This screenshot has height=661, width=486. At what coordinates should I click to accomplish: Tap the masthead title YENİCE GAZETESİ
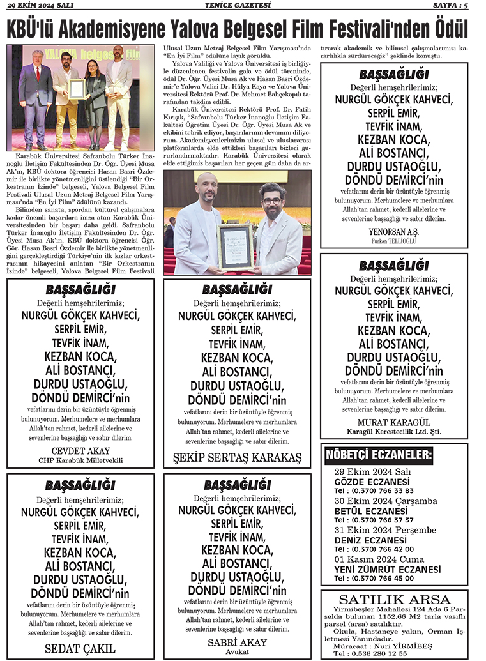(x=243, y=6)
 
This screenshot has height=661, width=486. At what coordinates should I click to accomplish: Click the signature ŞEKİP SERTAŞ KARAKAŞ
(x=238, y=458)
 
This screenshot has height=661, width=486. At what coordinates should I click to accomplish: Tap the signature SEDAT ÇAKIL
(x=80, y=648)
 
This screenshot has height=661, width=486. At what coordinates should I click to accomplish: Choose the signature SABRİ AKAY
(x=237, y=642)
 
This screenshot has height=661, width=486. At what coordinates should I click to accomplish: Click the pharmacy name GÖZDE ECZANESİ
(x=372, y=481)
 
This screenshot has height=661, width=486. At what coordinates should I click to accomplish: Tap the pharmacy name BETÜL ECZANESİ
(x=370, y=510)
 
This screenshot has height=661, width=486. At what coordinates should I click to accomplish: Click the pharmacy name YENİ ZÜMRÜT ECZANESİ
(x=387, y=569)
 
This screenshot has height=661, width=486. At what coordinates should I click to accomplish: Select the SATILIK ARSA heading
(x=394, y=599)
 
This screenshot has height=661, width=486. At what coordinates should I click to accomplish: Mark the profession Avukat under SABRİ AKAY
(x=237, y=652)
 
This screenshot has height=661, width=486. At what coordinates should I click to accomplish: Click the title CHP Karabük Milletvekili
(x=80, y=460)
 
